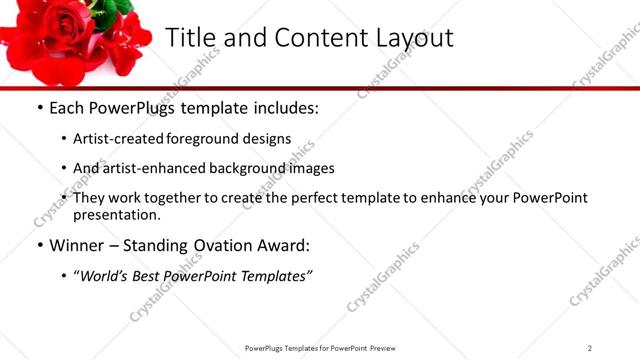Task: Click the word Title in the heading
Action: click(x=188, y=38)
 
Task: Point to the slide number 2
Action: click(x=590, y=348)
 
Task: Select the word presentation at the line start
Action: click(x=116, y=214)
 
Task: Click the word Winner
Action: click(x=76, y=245)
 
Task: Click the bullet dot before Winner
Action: click(x=39, y=245)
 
